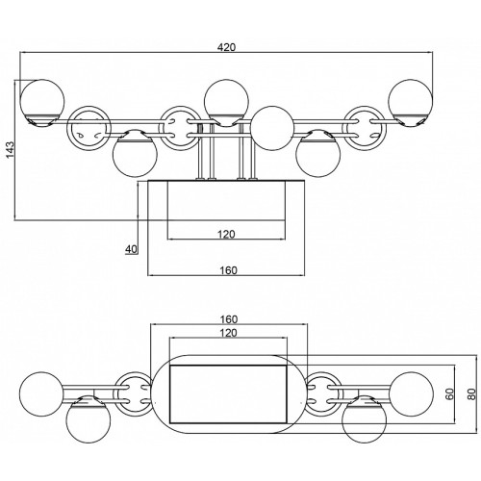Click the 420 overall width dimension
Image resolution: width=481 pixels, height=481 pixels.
(x=226, y=47)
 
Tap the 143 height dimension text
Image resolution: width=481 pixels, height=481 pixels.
(x=11, y=149)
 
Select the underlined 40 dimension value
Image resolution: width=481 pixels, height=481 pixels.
(x=131, y=249)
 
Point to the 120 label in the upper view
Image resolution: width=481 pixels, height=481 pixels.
(x=226, y=235)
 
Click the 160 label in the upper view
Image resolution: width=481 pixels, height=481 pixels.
(x=228, y=270)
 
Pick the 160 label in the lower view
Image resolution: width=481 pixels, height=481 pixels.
(x=229, y=319)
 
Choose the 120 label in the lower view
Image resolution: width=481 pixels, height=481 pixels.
(x=228, y=333)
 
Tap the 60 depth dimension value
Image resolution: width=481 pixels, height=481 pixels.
(x=449, y=393)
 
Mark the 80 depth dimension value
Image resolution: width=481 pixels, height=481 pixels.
(x=470, y=393)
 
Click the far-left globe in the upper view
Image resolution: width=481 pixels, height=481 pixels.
(x=42, y=102)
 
